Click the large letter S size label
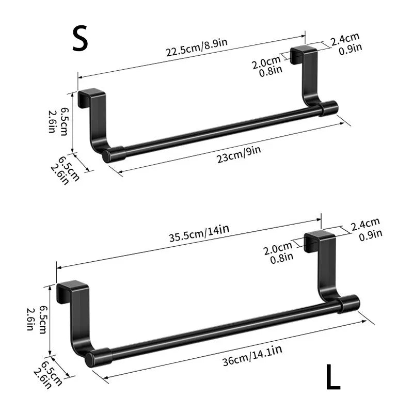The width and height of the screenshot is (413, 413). (x=80, y=39)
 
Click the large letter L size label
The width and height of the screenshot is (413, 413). (x=333, y=377)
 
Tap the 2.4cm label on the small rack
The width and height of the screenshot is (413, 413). (x=345, y=38)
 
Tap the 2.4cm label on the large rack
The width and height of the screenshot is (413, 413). (x=365, y=223)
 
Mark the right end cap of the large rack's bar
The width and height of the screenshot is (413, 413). (x=350, y=303)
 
